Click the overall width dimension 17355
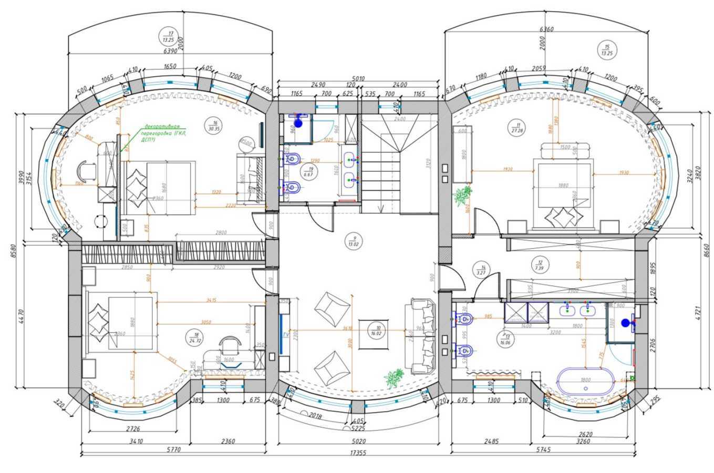pyautogui.click(x=357, y=453)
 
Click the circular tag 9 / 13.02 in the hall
pyautogui.click(x=351, y=240)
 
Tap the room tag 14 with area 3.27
pyautogui.click(x=479, y=269)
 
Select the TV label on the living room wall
pyautogui.click(x=286, y=334)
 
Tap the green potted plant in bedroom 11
pyautogui.click(x=462, y=196)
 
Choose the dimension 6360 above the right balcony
pyautogui.click(x=546, y=29)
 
